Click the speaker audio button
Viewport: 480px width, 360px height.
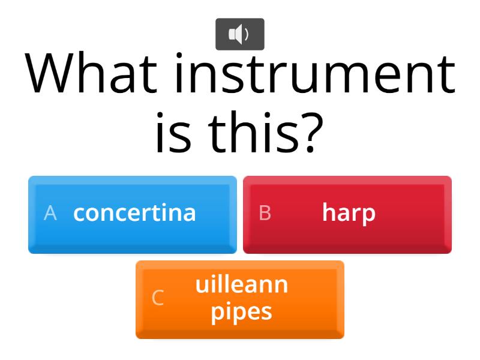coord(239,34)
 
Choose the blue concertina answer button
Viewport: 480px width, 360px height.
coord(133,214)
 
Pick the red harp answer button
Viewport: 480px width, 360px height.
coord(347,214)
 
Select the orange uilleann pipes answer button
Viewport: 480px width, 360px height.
coord(240,299)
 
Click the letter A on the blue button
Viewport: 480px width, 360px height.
coord(50,213)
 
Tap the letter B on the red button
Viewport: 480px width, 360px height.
coord(265,213)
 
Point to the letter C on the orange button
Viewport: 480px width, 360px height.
coord(158,298)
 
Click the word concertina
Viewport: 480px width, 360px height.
coord(134,212)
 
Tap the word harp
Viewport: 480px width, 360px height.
coord(349,213)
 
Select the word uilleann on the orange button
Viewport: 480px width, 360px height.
coord(242,284)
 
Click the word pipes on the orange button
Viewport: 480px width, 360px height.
coord(241,312)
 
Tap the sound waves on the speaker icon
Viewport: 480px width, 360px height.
coord(245,34)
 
